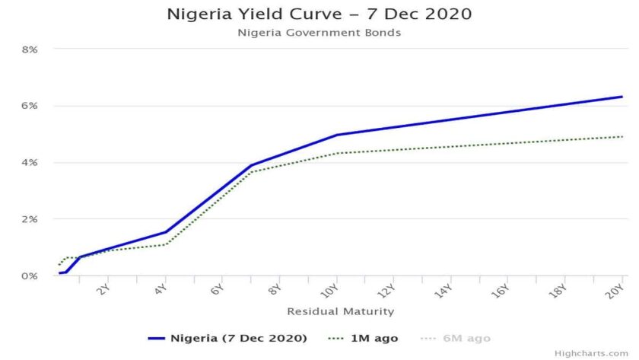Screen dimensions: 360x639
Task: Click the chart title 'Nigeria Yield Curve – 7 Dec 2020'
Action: click(319, 14)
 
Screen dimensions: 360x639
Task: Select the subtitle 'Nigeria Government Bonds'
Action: click(319, 32)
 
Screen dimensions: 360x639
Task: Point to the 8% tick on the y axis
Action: click(30, 49)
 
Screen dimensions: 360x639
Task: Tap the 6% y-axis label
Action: click(30, 106)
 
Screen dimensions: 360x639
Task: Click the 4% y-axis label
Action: click(30, 162)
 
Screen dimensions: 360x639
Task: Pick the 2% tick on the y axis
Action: click(30, 219)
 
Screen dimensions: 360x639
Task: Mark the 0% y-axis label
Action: click(30, 276)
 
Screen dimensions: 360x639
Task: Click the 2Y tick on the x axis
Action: click(105, 289)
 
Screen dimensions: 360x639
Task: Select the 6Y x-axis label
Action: click(218, 289)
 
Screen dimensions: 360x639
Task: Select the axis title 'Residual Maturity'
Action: click(340, 311)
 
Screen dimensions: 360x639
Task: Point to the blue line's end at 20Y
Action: click(622, 97)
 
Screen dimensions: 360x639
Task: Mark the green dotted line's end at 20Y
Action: click(622, 137)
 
